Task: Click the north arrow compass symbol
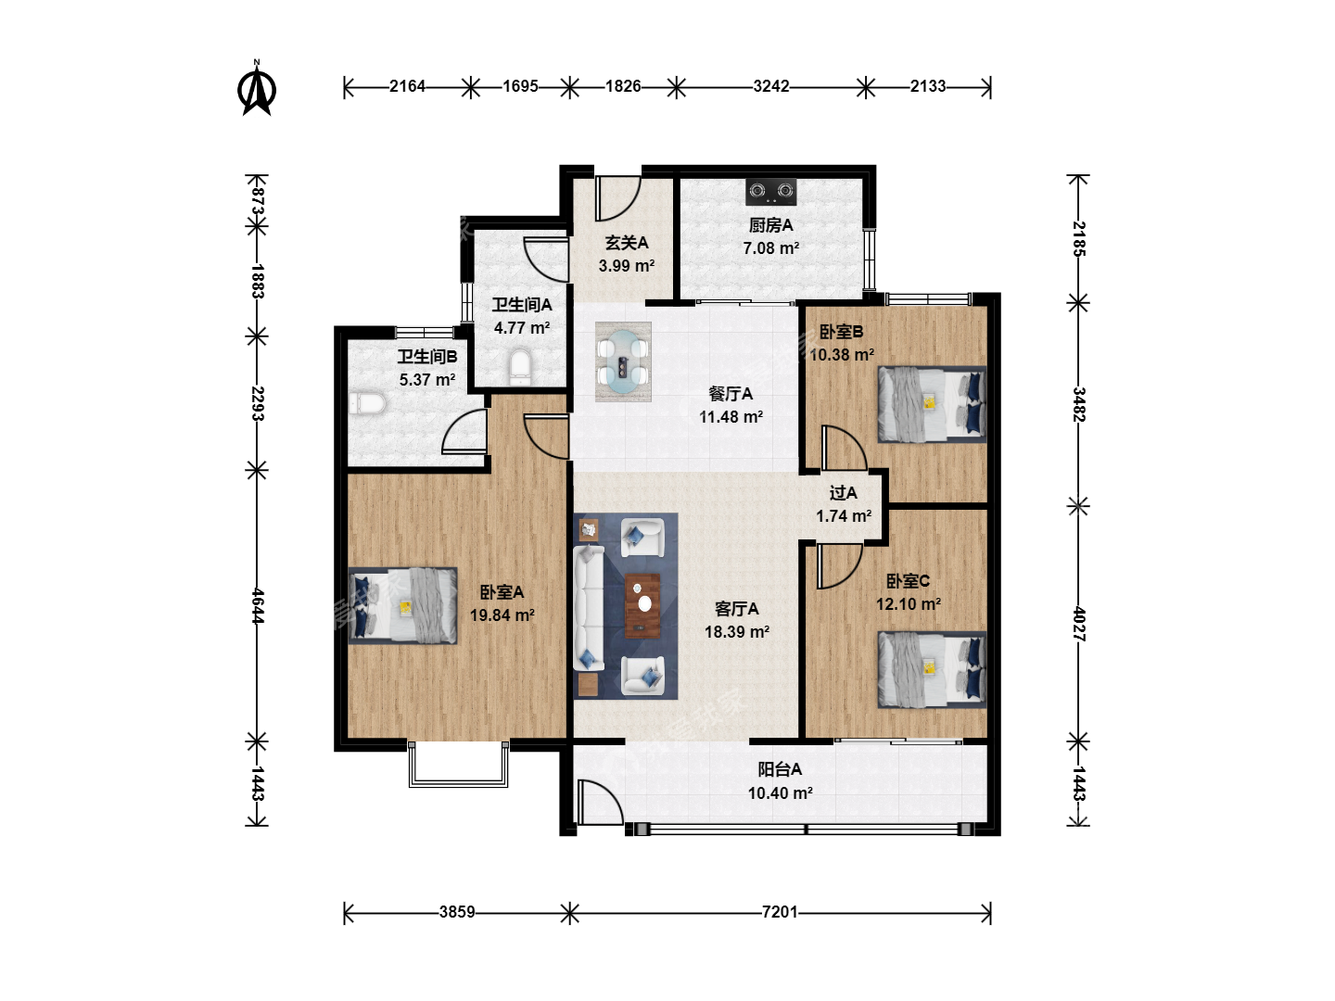point(257,89)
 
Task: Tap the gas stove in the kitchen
point(771,192)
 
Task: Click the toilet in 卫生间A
point(519,367)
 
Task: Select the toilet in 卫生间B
point(367,403)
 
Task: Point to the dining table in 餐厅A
point(623,361)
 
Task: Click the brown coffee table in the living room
point(642,605)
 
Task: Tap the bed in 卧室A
point(402,606)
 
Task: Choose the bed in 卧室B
point(932,403)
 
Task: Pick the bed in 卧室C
point(932,669)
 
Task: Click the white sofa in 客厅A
point(588,608)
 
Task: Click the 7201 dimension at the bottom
point(779,912)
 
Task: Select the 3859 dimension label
point(457,912)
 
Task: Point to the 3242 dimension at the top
point(770,86)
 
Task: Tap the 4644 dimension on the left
point(258,605)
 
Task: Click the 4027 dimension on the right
point(1078,624)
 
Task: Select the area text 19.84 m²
point(502,615)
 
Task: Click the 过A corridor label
point(843,493)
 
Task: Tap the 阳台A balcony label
point(779,769)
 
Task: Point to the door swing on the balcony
point(600,803)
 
